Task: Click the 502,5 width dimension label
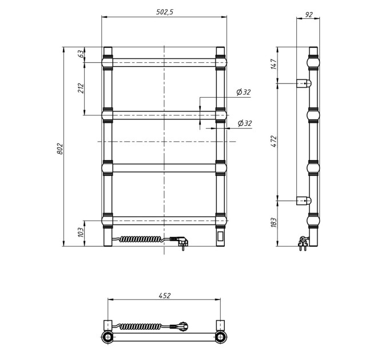click(x=165, y=12)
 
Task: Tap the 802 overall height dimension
click(x=60, y=149)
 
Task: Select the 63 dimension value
click(x=81, y=54)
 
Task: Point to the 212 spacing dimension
click(x=81, y=89)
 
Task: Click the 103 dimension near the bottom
click(x=81, y=232)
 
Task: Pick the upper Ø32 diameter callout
click(x=243, y=92)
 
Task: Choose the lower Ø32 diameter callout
click(x=245, y=123)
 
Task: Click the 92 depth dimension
click(x=308, y=15)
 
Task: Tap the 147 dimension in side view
click(x=273, y=64)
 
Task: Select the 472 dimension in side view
click(x=273, y=141)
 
